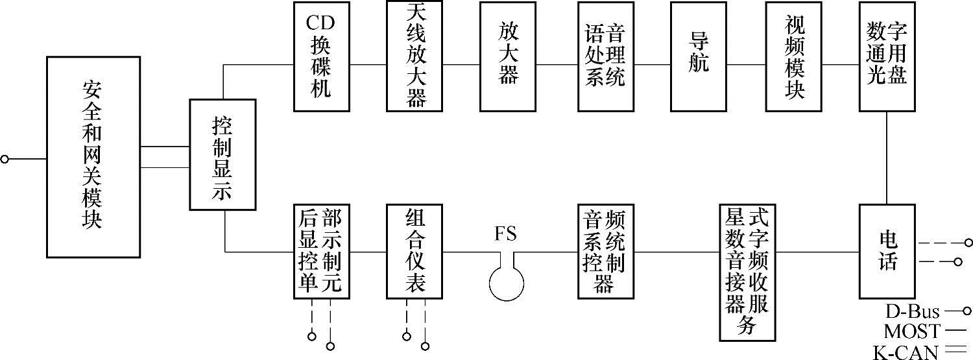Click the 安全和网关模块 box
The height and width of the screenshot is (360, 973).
pyautogui.click(x=92, y=158)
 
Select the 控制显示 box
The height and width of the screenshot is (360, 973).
pyautogui.click(x=222, y=154)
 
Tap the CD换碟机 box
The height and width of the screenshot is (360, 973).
pyautogui.click(x=321, y=57)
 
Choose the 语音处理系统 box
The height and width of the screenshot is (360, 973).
pyautogui.click(x=606, y=57)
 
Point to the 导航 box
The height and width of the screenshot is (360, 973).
pyautogui.click(x=699, y=57)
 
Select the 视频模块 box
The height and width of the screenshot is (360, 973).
pyautogui.click(x=794, y=57)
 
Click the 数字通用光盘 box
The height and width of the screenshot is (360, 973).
pyautogui.click(x=887, y=57)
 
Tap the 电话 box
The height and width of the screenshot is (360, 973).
pyautogui.click(x=887, y=251)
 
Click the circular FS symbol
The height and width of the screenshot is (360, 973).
pyautogui.click(x=507, y=284)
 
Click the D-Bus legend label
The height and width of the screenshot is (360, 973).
pyautogui.click(x=912, y=312)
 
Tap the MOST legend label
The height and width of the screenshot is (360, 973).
pyautogui.click(x=911, y=332)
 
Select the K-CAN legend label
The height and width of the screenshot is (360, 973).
pyautogui.click(x=906, y=352)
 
